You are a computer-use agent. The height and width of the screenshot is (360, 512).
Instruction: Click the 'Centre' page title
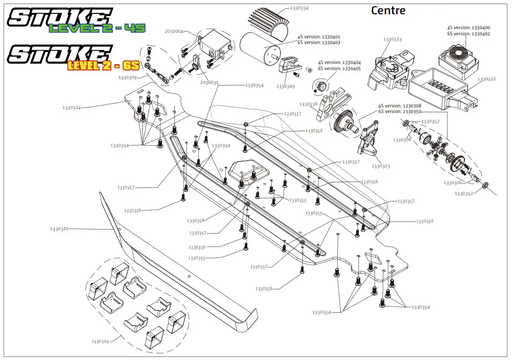tap(388, 10)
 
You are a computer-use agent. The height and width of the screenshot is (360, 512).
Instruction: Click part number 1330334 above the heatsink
tap(299, 8)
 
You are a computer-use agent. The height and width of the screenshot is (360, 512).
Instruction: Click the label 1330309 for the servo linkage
tap(127, 78)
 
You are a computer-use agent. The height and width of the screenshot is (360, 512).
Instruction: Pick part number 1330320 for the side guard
tap(59, 229)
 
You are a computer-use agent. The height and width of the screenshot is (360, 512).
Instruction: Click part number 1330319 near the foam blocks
tap(100, 341)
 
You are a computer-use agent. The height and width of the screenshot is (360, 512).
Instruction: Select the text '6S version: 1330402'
tap(468, 34)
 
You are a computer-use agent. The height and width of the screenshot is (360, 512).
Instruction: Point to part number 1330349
tap(285, 86)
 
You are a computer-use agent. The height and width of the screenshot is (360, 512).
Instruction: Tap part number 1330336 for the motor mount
tap(308, 104)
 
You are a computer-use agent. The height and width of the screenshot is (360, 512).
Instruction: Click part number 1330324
tap(72, 108)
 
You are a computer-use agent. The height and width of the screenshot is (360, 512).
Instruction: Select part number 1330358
tap(196, 221)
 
